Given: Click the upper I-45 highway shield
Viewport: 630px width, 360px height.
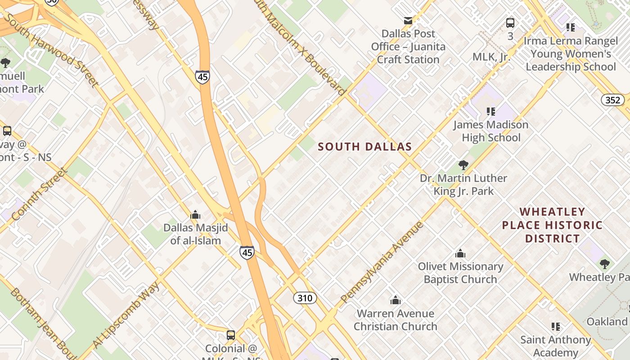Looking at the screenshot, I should [202, 77].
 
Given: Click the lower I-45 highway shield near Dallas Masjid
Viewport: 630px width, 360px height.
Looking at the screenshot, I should [247, 252].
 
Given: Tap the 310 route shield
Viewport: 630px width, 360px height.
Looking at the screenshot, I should [305, 297].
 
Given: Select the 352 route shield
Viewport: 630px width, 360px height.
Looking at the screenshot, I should [612, 100].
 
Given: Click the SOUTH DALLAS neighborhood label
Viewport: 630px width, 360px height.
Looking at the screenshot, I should [365, 147].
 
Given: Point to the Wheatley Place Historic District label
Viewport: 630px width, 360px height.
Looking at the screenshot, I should [552, 225].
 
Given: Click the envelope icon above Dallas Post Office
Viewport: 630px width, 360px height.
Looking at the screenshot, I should [408, 20].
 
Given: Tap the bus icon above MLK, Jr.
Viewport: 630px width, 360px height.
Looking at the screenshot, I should [510, 22].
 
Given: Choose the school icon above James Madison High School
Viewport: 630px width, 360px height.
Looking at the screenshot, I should [490, 111].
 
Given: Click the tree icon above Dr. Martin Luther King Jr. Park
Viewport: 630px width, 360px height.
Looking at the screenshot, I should [463, 165].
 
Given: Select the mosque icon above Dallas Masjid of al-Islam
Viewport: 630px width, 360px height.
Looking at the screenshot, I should [195, 215].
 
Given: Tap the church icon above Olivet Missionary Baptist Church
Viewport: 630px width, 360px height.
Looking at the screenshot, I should [460, 253].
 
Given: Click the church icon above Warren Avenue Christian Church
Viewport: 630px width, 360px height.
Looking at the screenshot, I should [396, 300].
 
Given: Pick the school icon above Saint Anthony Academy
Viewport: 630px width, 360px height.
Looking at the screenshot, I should [556, 327].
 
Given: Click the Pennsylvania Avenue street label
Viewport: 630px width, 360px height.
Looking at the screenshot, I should [382, 262].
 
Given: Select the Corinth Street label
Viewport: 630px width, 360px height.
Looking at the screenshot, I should [40, 194].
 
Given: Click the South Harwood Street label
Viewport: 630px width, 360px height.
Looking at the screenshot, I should [52, 49].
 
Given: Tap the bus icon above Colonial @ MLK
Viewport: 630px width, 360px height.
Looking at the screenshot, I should [230, 335].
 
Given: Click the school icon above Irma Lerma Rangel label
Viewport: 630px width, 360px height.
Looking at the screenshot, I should [571, 27].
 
